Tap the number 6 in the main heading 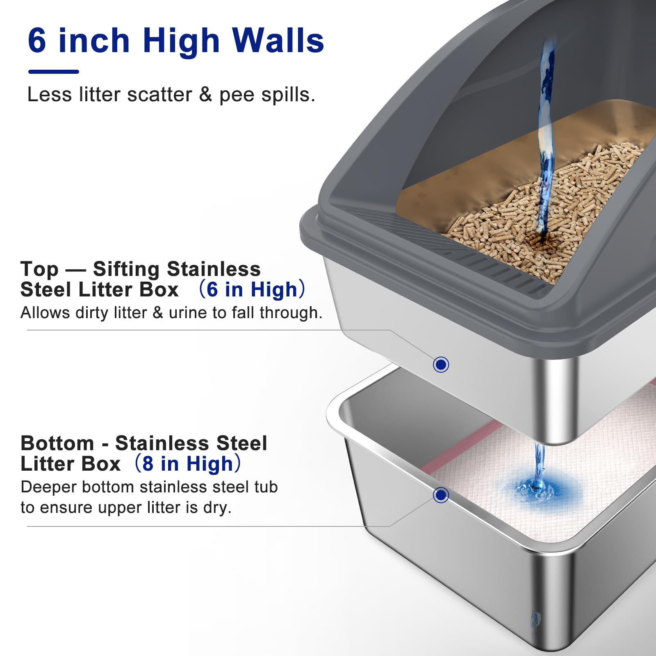(37, 41)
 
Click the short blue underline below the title (53, 72)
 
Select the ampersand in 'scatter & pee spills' (205, 95)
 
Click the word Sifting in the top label (126, 269)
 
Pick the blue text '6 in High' (252, 289)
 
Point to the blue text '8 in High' (188, 464)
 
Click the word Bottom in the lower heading (57, 444)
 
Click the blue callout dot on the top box (441, 364)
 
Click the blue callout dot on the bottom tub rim (441, 495)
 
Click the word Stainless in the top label (214, 269)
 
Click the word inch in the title (94, 41)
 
